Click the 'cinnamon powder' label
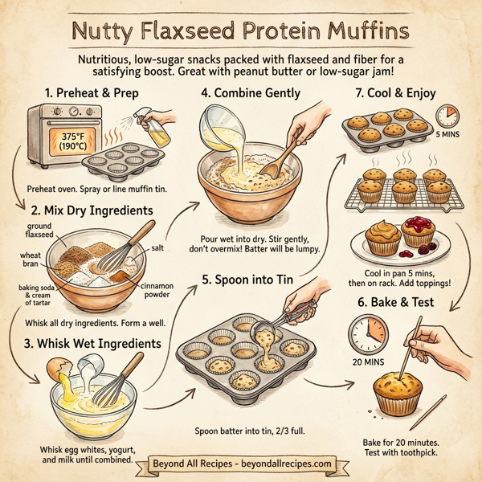[x=157, y=290]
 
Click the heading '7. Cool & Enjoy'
[x=396, y=93]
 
